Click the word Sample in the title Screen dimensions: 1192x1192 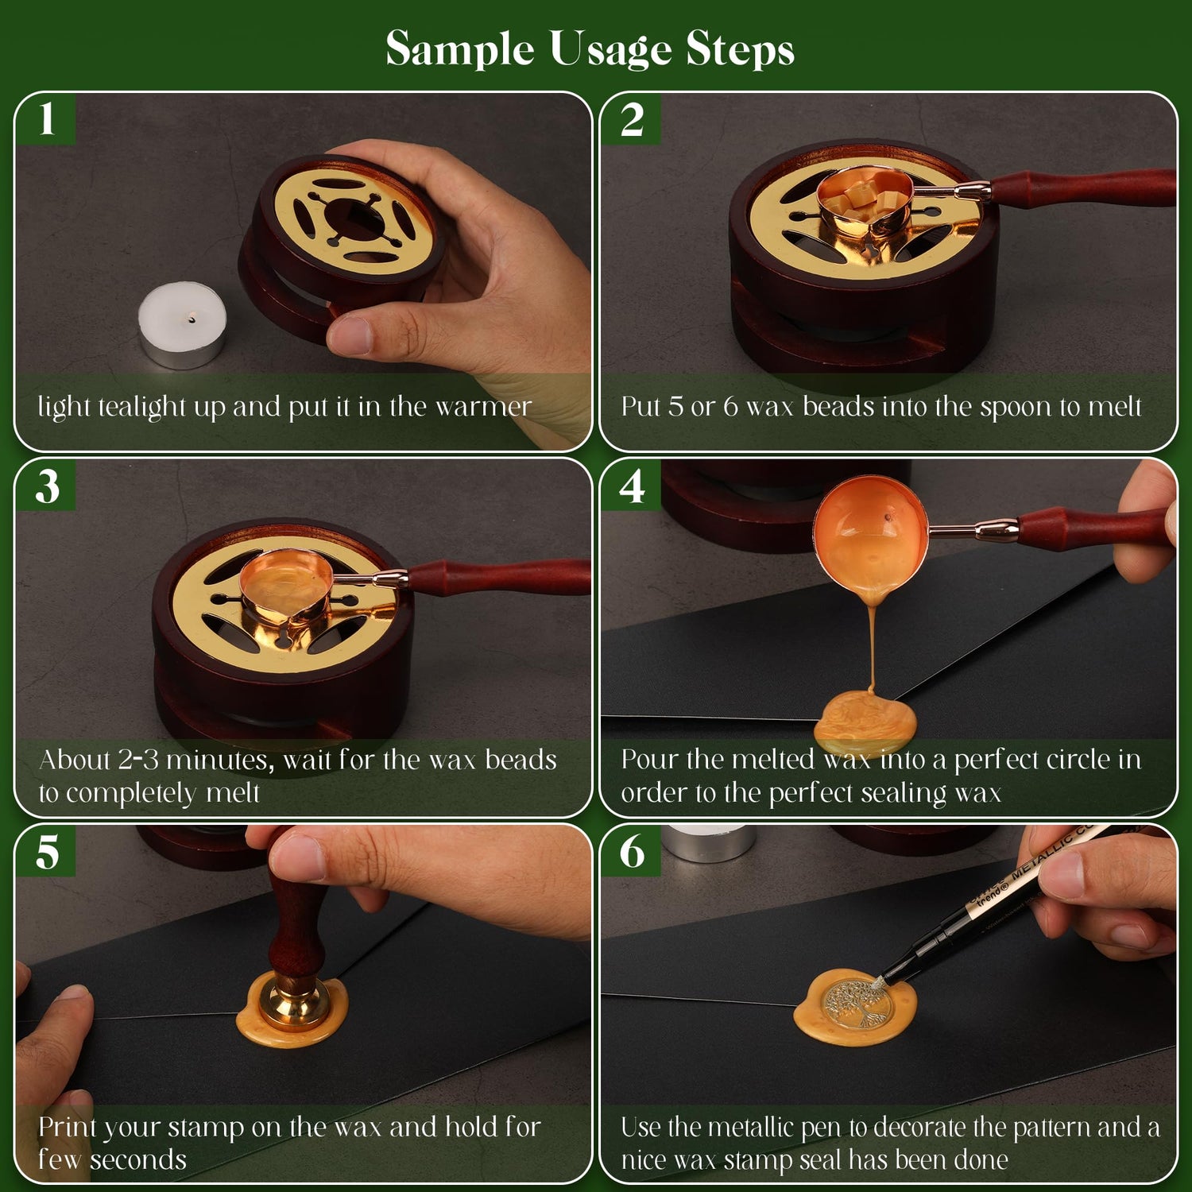[459, 49]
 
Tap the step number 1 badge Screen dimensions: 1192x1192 [47, 119]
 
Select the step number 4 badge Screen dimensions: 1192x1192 [632, 486]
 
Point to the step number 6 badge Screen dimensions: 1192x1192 [632, 852]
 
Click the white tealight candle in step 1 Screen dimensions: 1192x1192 [182, 326]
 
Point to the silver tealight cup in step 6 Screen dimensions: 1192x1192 [710, 842]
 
